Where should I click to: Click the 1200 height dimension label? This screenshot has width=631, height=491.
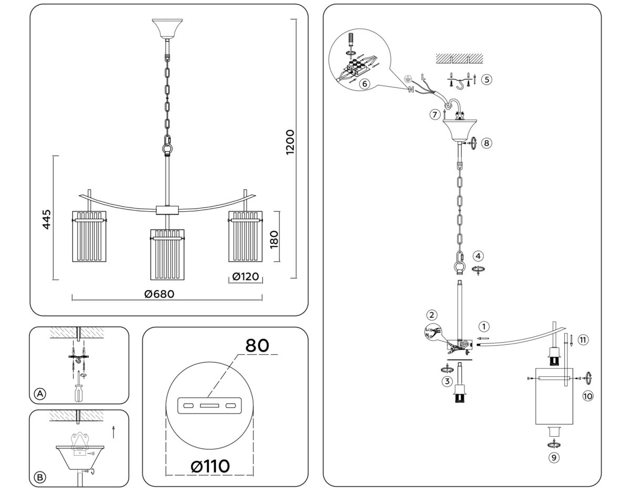click(290, 142)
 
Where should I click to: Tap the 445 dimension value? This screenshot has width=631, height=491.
click(47, 219)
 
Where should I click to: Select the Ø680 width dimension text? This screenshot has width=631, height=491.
click(159, 294)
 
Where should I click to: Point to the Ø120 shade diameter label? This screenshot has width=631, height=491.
click(246, 277)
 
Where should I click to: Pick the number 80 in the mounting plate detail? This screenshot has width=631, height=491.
click(258, 346)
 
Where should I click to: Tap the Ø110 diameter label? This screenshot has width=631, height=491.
click(210, 466)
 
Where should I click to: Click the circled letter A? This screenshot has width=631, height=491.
click(39, 394)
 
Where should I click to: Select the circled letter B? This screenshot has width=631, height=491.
click(39, 477)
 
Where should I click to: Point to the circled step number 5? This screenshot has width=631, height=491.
click(486, 79)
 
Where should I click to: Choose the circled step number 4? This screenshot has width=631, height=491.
click(478, 256)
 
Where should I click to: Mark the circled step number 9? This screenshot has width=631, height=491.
click(553, 458)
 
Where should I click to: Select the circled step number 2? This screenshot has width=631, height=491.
click(432, 315)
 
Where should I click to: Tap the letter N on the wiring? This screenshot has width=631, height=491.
click(410, 90)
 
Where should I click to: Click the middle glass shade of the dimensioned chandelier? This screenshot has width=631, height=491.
click(167, 255)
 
